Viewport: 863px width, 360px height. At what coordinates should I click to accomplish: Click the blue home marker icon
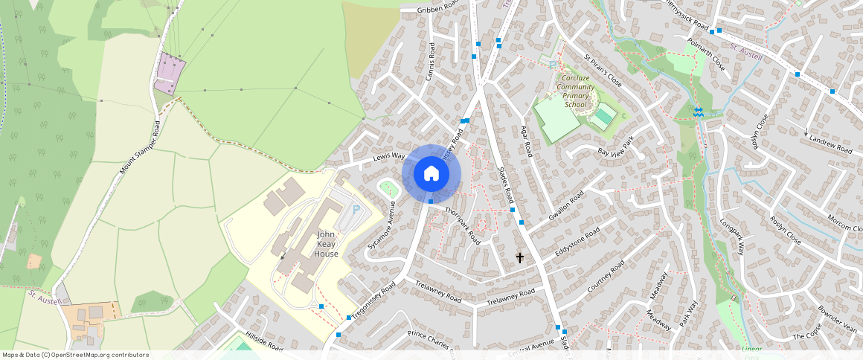431,173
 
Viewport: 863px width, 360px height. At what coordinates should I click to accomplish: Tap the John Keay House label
326,244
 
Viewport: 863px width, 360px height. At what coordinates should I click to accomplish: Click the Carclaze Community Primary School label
576,91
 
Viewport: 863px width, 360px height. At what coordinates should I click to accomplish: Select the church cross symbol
520,257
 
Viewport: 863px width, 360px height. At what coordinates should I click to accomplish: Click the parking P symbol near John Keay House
355,210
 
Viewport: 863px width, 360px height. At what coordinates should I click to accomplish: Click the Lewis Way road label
388,157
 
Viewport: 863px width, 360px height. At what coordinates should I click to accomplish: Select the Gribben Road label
439,9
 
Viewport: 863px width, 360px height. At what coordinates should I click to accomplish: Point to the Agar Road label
527,140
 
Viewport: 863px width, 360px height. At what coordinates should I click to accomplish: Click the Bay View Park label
615,146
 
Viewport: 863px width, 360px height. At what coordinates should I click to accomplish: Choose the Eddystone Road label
577,244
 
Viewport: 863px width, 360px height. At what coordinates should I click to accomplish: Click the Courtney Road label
605,277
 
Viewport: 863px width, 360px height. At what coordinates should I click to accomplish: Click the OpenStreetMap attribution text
74,355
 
